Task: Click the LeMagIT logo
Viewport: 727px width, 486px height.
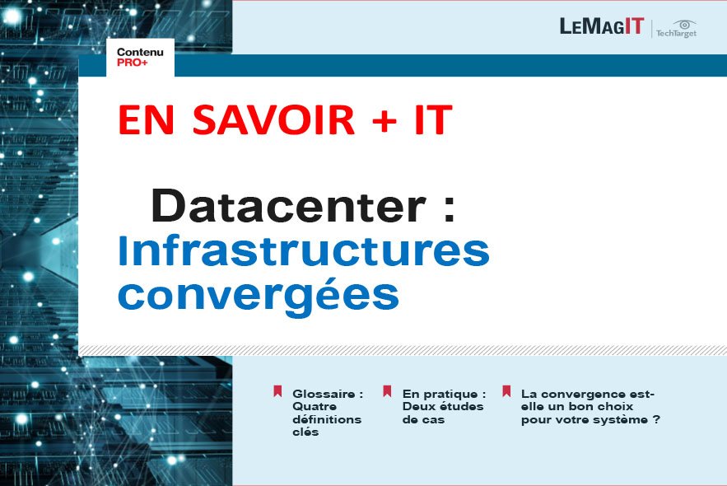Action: pos(602,26)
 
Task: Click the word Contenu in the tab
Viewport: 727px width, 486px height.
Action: pos(140,52)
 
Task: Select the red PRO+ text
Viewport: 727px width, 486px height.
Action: pos(132,62)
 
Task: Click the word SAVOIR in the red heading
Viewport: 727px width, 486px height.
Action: pos(273,119)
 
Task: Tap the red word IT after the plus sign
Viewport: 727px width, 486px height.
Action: pos(433,119)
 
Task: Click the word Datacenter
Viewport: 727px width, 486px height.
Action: pos(288,206)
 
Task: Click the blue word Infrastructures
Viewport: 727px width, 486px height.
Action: pos(304,250)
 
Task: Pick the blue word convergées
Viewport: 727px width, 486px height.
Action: pos(259,297)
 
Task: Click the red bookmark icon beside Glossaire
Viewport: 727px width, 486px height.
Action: pos(277,391)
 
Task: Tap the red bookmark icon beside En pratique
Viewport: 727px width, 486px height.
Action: pos(387,391)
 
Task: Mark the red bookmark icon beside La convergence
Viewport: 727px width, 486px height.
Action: pos(506,391)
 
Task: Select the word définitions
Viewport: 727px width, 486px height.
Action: pos(327,419)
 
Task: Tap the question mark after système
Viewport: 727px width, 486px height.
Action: pos(656,419)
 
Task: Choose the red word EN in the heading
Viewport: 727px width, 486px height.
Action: pos(146,119)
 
